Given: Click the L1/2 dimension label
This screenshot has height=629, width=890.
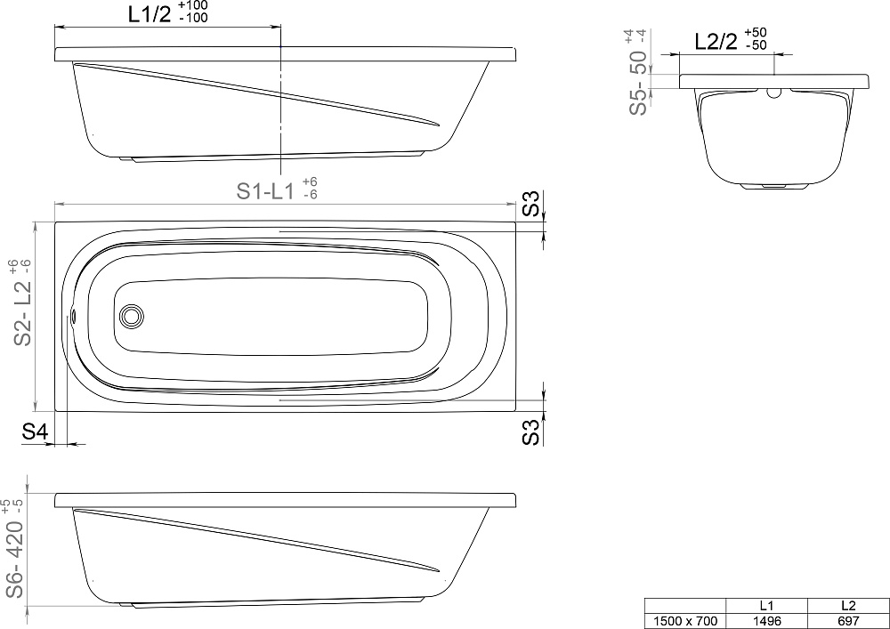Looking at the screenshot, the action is point(150,15).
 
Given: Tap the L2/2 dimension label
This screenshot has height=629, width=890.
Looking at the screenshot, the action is point(716,42).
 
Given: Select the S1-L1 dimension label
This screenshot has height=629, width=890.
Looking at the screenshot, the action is point(265,191).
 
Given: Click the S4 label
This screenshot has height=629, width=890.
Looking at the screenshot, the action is point(35,432).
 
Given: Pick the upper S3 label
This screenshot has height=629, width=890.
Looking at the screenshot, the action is point(530,205).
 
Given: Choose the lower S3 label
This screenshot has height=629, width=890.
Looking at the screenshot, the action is point(530,431).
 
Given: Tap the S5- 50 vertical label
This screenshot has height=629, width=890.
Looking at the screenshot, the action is point(638,83).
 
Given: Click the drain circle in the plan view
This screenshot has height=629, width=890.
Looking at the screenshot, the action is point(131,315).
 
